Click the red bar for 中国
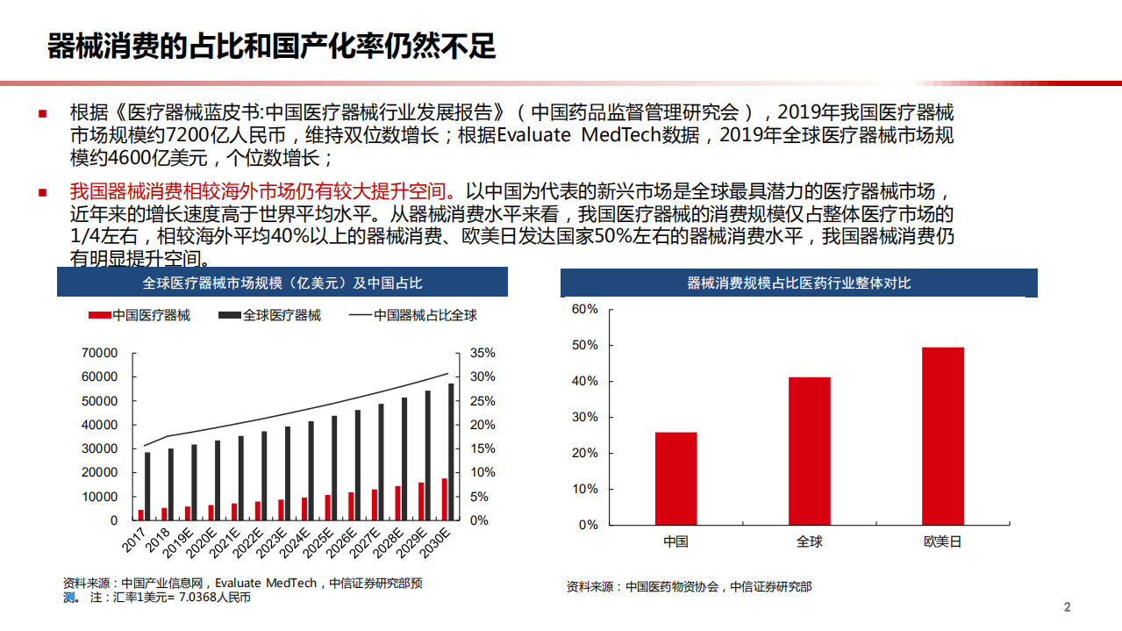pyautogui.click(x=675, y=478)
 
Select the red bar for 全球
pyautogui.click(x=809, y=451)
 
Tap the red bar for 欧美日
pyautogui.click(x=942, y=436)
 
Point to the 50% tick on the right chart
pyautogui.click(x=584, y=345)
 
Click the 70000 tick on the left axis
pyautogui.click(x=99, y=353)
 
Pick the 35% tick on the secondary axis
pyautogui.click(x=482, y=353)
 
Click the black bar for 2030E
pyautogui.click(x=452, y=452)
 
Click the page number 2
pyautogui.click(x=1067, y=607)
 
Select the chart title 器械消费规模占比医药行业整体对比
pyautogui.click(x=798, y=283)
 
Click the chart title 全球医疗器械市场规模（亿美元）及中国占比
pyautogui.click(x=282, y=283)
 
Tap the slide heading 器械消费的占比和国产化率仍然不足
pyautogui.click(x=271, y=47)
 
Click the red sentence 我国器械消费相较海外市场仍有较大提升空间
pyautogui.click(x=261, y=191)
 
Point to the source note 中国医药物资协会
pyautogui.click(x=671, y=587)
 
